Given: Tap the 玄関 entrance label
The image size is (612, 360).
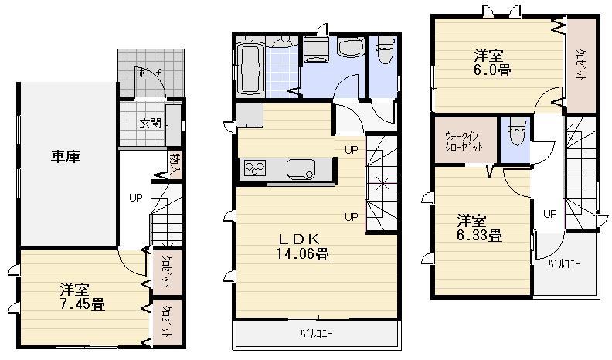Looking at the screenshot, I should (150, 124).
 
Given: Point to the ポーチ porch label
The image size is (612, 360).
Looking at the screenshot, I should (148, 73).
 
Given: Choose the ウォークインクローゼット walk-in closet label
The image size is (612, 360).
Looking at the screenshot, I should (464, 141).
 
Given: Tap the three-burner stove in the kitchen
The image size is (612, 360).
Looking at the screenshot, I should (255, 168).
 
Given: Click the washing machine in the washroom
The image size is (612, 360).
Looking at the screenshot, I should (314, 50).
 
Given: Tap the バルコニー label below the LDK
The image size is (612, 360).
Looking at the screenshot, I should (317, 335).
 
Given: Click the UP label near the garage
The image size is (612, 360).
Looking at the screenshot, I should (135, 197).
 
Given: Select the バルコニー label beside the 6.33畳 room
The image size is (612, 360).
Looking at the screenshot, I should (565, 263).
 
